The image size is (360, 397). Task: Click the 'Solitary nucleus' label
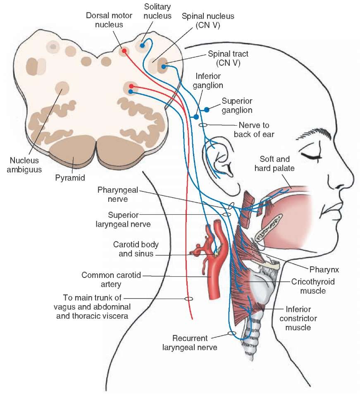click(157, 11)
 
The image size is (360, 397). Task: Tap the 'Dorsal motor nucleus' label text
click(109, 20)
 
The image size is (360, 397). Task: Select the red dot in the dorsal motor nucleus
click(124, 50)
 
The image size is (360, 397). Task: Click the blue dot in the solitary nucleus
click(142, 45)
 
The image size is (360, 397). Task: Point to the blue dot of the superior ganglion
click(207, 110)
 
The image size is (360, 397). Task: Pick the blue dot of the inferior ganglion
click(196, 117)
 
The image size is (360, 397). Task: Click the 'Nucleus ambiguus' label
click(24, 165)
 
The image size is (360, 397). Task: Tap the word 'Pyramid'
click(70, 178)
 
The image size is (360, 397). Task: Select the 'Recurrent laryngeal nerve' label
click(190, 342)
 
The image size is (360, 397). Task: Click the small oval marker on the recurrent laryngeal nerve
click(232, 333)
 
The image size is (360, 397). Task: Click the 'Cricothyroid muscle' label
click(313, 286)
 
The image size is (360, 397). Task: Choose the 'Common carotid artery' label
click(111, 280)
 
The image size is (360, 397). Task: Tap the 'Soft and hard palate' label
click(274, 164)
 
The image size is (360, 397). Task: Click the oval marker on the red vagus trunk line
click(188, 299)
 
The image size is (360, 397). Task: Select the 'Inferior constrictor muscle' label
click(298, 318)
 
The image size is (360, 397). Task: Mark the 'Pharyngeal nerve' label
click(118, 194)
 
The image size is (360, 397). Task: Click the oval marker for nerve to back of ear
click(203, 125)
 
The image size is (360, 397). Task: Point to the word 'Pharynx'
click(324, 270)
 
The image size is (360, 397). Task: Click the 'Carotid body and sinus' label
click(136, 249)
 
